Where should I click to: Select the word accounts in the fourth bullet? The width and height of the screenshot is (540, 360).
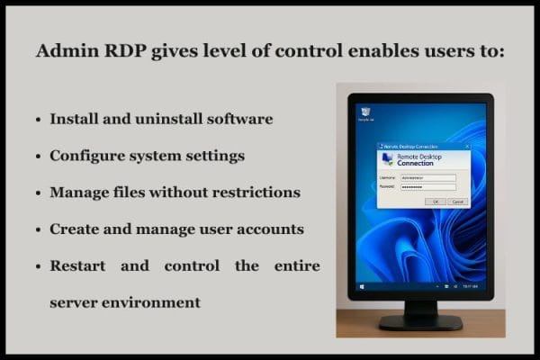point(267,229)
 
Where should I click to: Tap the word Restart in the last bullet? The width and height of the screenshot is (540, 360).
point(80,266)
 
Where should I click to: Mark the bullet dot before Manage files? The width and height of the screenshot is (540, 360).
point(37,193)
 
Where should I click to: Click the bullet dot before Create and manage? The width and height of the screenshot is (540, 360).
point(37,229)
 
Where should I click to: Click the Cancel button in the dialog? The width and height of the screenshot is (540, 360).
point(457,202)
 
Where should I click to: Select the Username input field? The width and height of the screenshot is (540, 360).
point(428,178)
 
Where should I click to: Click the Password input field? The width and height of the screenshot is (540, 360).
point(428,187)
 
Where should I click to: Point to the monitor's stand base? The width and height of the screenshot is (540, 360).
point(419,320)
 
